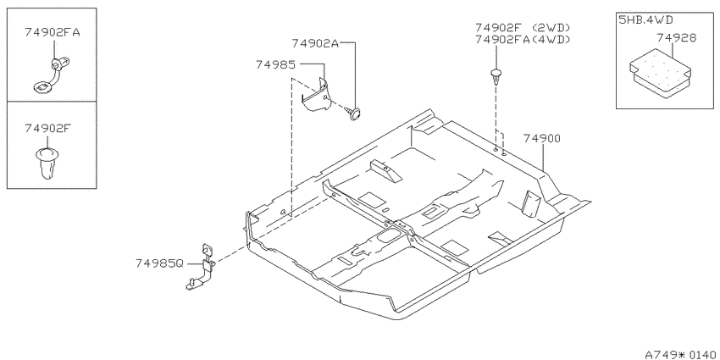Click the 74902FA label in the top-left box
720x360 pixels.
[x=53, y=32]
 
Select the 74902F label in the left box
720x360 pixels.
[x=47, y=128]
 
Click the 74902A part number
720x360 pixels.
[x=315, y=43]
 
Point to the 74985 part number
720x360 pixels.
[x=275, y=65]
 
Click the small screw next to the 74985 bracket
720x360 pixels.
[x=354, y=113]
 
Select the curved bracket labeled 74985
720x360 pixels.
[x=317, y=96]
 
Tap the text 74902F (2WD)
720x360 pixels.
[x=523, y=28]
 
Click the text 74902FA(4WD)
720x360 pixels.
[x=523, y=40]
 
